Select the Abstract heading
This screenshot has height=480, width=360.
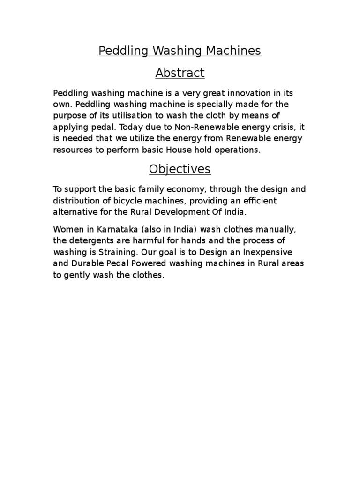point(180,73)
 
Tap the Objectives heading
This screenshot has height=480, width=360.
point(180,169)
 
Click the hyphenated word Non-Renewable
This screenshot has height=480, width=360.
point(191,127)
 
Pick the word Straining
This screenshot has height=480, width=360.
point(123,253)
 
